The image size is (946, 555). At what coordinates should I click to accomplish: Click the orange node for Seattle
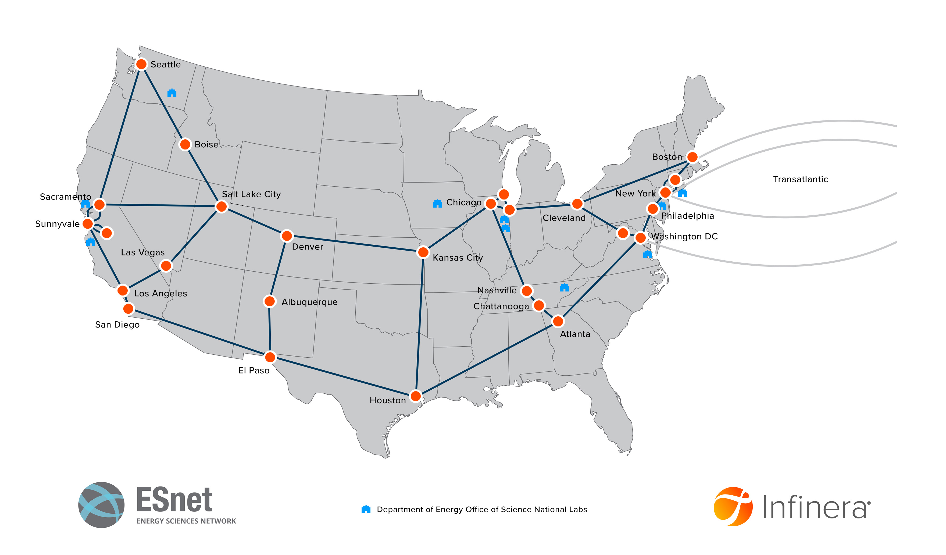pos(141,64)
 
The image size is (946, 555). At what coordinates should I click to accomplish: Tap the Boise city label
pos(206,145)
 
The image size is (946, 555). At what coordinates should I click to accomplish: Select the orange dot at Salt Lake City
pos(222,206)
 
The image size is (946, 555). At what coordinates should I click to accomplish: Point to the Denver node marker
pos(286,236)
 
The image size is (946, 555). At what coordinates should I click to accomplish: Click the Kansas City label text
pos(457,258)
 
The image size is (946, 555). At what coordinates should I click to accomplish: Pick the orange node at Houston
pos(415,396)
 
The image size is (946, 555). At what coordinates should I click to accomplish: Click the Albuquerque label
pos(309,302)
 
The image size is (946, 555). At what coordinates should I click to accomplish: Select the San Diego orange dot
pos(128,309)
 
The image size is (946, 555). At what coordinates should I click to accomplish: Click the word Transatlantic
pos(800,179)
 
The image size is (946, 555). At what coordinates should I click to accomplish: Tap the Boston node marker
pos(692,157)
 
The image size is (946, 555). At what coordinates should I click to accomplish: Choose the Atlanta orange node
pos(558,321)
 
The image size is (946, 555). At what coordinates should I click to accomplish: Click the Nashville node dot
pos(527,290)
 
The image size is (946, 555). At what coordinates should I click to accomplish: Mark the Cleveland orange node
pos(577,204)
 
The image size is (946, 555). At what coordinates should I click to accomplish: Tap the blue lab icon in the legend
pos(366,509)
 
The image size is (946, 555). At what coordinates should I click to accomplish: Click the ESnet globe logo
pos(101,505)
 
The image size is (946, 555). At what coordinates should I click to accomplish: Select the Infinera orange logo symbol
pos(733,506)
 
